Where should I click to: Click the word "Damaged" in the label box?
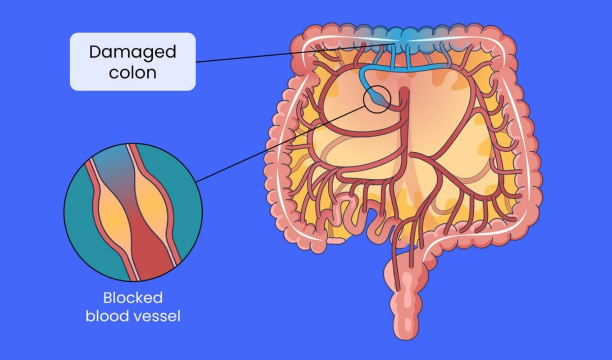point(132,52)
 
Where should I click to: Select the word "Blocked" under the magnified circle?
point(132,298)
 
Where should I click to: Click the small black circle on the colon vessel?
point(376,99)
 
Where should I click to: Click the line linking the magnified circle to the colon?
point(279,144)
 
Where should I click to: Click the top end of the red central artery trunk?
point(403,92)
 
